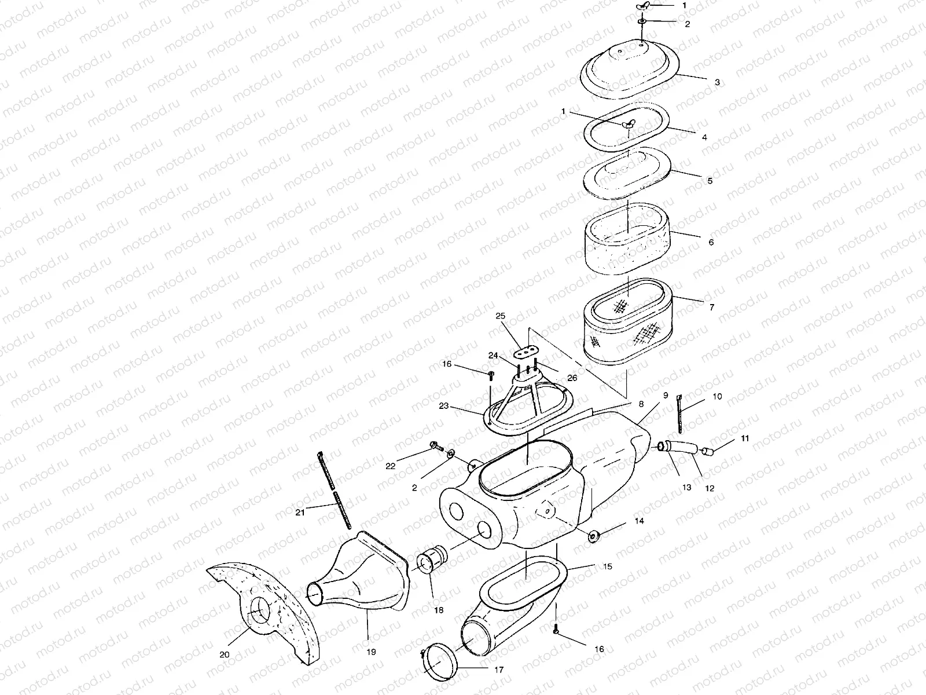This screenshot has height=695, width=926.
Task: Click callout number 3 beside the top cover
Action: tap(717, 82)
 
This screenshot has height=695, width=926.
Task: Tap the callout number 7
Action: tap(712, 307)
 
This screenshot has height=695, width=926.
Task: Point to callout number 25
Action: tap(501, 316)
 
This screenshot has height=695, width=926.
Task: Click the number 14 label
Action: tap(639, 521)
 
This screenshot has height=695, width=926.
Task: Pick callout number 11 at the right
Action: tap(745, 438)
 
